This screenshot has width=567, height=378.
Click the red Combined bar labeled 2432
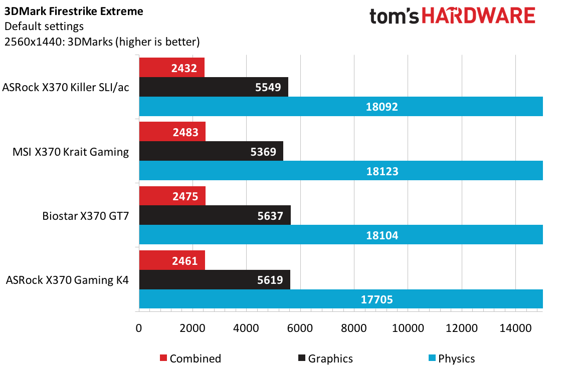(172, 68)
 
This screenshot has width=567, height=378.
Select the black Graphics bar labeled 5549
(214, 87)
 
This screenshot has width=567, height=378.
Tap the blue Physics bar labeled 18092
(341, 107)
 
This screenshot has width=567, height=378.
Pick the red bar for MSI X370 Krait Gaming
(172, 132)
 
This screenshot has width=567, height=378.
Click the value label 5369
(263, 152)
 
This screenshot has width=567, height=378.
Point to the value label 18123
(382, 171)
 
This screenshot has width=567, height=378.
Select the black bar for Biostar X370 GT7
(215, 216)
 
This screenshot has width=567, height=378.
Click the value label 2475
(185, 196)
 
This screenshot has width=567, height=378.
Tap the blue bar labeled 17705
(341, 299)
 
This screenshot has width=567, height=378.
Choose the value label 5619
(270, 280)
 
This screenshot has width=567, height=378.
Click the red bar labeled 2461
(172, 260)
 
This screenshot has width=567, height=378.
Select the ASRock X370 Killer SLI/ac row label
(66, 88)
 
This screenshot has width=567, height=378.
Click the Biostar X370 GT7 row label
(85, 216)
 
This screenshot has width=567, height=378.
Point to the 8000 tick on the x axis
(353, 328)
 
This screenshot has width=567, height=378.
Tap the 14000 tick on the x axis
(515, 328)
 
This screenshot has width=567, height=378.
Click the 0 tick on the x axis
(139, 328)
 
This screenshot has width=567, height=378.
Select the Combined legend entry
(191, 358)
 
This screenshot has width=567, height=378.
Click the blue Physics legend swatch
(432, 358)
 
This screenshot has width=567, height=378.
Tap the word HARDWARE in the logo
(478, 16)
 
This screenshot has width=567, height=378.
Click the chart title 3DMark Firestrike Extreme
(74, 11)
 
